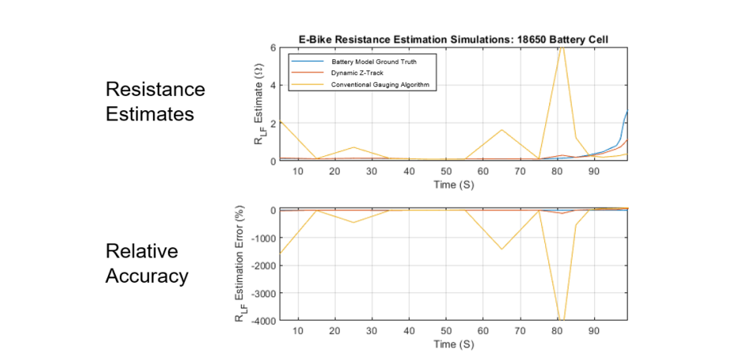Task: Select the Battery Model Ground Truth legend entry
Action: (x=362, y=61)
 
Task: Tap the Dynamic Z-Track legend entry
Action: (x=346, y=72)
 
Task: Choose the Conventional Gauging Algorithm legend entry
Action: (x=369, y=84)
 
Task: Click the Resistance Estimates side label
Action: (x=155, y=102)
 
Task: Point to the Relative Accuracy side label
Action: (x=147, y=264)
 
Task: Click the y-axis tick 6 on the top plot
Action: (x=273, y=48)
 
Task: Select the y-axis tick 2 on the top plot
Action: (x=273, y=124)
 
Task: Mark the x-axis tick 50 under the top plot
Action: (x=446, y=171)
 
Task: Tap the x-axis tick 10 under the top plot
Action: (x=298, y=171)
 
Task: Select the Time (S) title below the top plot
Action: (x=454, y=184)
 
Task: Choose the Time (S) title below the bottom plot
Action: (x=454, y=345)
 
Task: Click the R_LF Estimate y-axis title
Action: (x=258, y=106)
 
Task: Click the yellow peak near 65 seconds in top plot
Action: (x=502, y=130)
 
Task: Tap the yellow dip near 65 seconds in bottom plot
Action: (x=502, y=249)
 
